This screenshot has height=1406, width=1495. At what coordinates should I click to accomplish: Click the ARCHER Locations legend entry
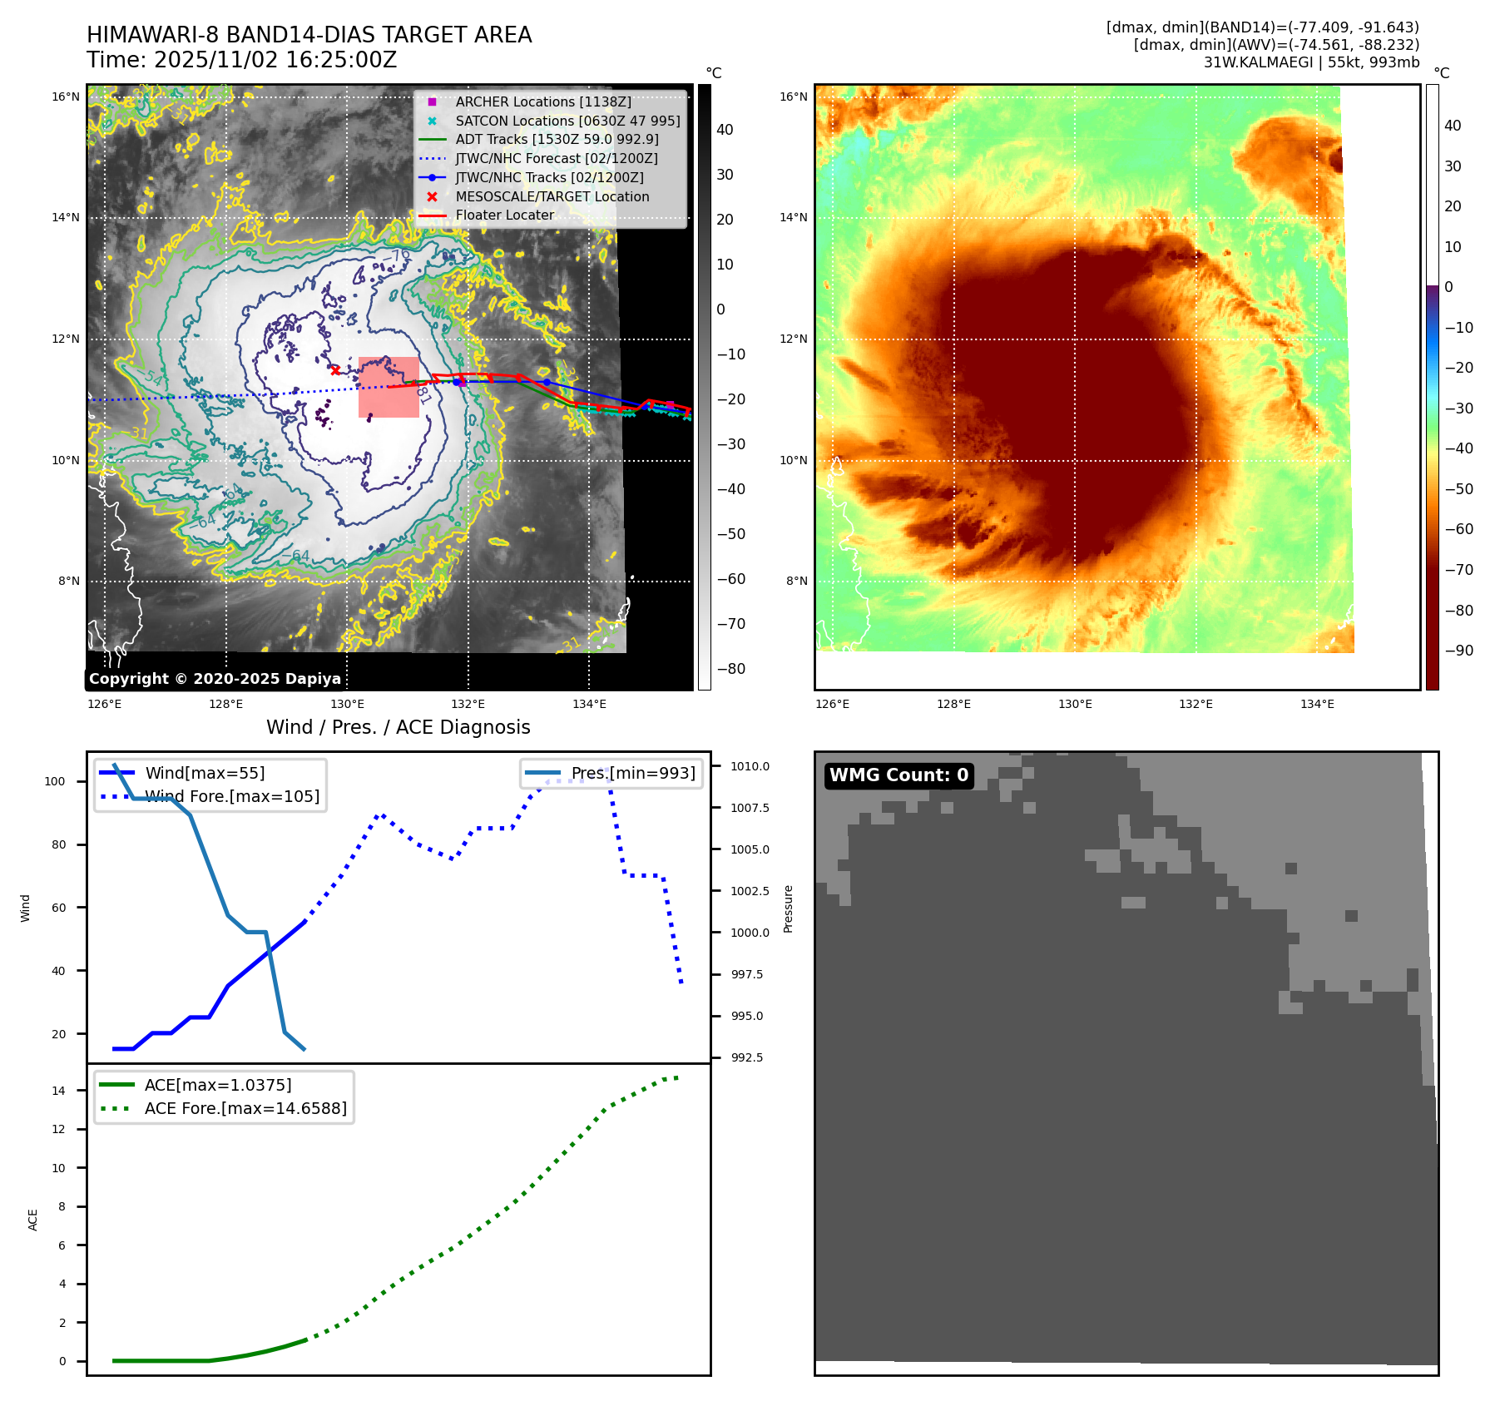[542, 101]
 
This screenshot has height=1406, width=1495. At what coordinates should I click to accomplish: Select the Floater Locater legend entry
[504, 215]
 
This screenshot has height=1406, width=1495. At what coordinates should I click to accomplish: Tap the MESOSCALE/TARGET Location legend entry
[552, 196]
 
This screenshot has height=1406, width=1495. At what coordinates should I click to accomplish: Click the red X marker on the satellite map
[335, 370]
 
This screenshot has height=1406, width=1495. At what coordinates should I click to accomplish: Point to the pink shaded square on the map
[389, 387]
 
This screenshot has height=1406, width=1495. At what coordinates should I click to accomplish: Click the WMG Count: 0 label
[898, 775]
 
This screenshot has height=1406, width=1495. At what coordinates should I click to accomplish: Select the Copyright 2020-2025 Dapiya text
[215, 679]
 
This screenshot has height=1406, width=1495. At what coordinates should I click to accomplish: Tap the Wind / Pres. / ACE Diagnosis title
[398, 727]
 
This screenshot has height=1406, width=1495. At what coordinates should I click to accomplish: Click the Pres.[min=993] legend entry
[632, 773]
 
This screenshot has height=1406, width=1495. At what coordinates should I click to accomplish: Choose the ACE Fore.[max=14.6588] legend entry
[245, 1108]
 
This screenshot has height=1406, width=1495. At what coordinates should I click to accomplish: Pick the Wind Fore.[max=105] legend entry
[231, 796]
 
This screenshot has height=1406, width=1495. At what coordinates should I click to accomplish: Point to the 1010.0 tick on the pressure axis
[750, 766]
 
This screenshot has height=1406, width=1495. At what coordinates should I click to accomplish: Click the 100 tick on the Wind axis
[55, 781]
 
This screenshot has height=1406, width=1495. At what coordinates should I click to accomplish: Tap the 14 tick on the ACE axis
[58, 1091]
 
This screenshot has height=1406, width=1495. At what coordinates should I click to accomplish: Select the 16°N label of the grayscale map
[66, 97]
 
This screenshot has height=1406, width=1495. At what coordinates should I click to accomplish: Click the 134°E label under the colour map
[1317, 704]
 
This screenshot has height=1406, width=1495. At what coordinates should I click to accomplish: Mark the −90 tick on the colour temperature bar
[1459, 651]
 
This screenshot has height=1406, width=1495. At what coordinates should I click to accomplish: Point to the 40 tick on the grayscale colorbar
[725, 130]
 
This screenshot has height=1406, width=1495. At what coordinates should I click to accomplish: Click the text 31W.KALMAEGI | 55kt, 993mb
[1311, 62]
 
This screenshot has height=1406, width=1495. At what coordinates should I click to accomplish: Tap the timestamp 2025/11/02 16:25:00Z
[275, 60]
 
